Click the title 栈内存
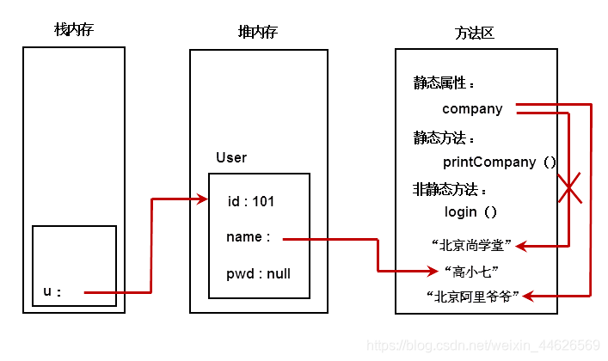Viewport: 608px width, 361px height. pos(73,32)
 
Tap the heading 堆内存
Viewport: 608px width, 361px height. pos(257,32)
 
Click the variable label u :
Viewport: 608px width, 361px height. pos(52,291)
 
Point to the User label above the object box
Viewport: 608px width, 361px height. pos(231,157)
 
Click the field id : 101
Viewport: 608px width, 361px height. pos(251,201)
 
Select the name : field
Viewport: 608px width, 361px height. pos(249,237)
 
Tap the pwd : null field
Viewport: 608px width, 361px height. pos(258,274)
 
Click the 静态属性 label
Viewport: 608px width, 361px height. pos(444,84)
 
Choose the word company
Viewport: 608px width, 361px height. pos(472,109)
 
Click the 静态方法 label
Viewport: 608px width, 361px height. pos(444,138)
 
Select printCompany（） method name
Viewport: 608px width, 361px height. pos(500,162)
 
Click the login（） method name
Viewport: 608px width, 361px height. pos(470,211)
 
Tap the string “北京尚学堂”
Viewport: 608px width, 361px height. pos(472,246)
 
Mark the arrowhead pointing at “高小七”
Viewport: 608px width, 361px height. pos(433,271)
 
